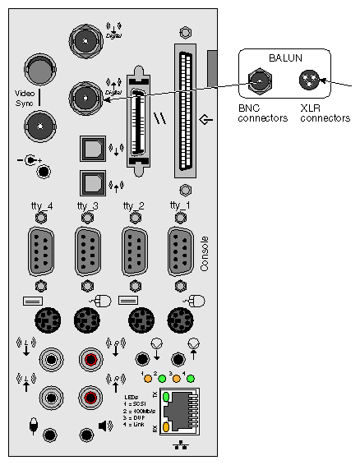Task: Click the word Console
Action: coord(205,255)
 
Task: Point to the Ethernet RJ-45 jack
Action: coord(186,412)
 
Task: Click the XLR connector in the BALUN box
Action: coord(310,80)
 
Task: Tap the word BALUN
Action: coord(284,58)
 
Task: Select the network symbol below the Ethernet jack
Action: coord(182,447)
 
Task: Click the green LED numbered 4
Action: coord(190,379)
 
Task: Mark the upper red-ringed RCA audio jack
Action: coord(90,359)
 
